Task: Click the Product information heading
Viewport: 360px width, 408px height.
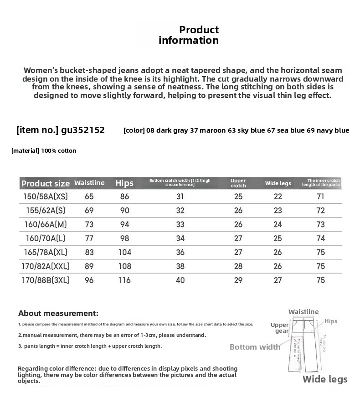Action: click(189, 35)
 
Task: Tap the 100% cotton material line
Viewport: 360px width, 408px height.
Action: click(44, 150)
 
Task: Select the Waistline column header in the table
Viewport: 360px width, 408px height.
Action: click(89, 183)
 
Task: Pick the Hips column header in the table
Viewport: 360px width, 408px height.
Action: click(124, 183)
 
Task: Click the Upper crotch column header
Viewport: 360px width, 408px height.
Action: click(238, 183)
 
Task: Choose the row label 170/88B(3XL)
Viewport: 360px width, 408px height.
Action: click(45, 280)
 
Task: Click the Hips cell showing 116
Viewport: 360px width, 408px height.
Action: click(124, 280)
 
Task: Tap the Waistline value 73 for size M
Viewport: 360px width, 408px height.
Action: click(89, 225)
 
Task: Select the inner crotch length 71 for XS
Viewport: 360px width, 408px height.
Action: click(321, 197)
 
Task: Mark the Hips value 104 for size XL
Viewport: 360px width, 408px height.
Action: click(124, 253)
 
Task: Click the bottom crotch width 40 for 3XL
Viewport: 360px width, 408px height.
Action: click(180, 280)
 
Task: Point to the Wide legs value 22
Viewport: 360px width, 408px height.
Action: click(278, 197)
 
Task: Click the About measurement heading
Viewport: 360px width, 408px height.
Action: click(58, 313)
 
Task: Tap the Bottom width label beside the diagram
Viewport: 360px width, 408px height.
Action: click(255, 347)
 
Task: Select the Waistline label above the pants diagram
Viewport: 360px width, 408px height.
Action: click(303, 312)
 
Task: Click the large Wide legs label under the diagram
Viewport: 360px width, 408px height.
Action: click(325, 379)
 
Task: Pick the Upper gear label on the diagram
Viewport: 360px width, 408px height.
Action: click(280, 328)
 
